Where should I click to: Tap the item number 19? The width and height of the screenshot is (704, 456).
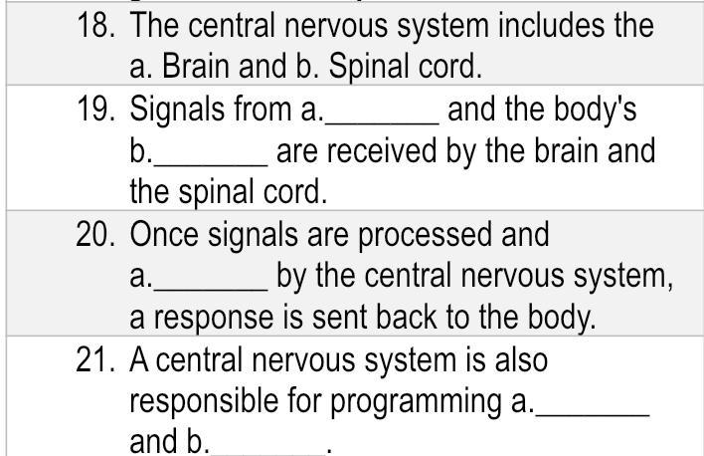[98, 110]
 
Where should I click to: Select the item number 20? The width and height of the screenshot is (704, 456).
[98, 235]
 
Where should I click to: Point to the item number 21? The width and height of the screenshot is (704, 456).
[98, 360]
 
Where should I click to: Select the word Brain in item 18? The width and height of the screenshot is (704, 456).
[188, 68]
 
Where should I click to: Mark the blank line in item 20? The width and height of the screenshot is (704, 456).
[211, 285]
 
